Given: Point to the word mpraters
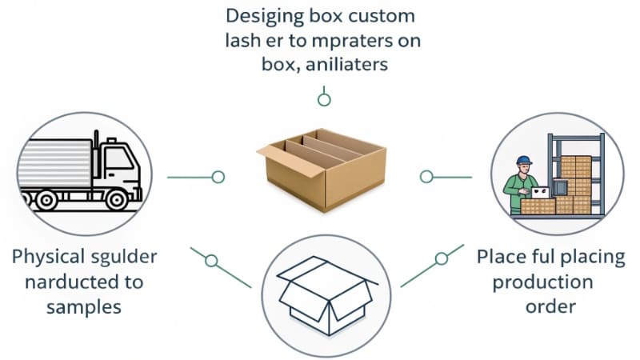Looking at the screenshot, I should pyautogui.click(x=354, y=40).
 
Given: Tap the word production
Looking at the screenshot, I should pyautogui.click(x=542, y=282).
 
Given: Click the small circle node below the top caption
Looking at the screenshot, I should pyautogui.click(x=324, y=100).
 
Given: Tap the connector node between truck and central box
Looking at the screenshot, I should pyautogui.click(x=218, y=177).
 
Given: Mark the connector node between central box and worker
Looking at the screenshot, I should pyautogui.click(x=426, y=176).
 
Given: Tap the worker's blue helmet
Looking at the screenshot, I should pyautogui.click(x=524, y=161).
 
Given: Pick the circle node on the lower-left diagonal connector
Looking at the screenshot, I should pyautogui.click(x=211, y=261).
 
